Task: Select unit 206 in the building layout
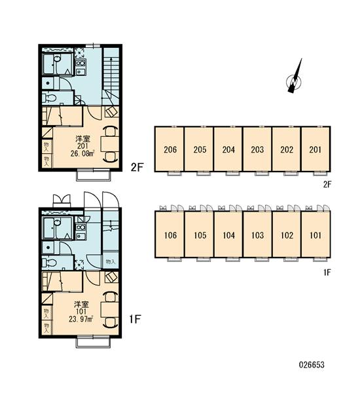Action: coord(170,149)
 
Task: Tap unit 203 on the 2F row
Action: coord(257,149)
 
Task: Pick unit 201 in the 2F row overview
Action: coord(315,149)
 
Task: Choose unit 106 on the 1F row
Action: coord(170,234)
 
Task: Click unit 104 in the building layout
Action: coord(228,234)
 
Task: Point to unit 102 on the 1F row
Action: coord(287,234)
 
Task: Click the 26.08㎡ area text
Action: coord(82,154)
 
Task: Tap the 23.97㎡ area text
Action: coord(81,319)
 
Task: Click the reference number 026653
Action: coord(312,365)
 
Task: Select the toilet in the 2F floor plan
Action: coord(49,98)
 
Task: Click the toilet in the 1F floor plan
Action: coord(49,263)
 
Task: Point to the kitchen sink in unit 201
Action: coord(81,71)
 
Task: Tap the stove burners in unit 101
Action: coord(81,227)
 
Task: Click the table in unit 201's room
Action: coord(109,144)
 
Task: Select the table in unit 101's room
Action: coord(109,310)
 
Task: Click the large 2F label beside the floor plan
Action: coord(137,167)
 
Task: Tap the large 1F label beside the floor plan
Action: coord(135,319)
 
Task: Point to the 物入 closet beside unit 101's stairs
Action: coord(111,261)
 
